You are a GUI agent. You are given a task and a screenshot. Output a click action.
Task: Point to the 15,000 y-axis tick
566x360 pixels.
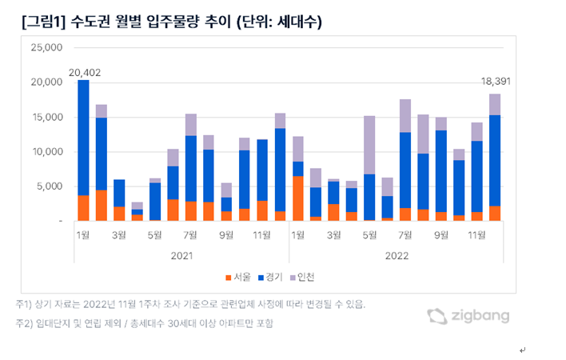point(46,117)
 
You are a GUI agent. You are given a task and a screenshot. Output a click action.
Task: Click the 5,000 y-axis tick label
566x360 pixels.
point(48,186)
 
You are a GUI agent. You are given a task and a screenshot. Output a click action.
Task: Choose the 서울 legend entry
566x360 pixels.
point(237,278)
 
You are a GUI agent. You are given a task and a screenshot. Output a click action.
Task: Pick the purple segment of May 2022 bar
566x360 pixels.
point(369,145)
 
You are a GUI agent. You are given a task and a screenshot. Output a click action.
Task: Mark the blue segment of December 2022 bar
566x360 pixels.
point(495,160)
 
